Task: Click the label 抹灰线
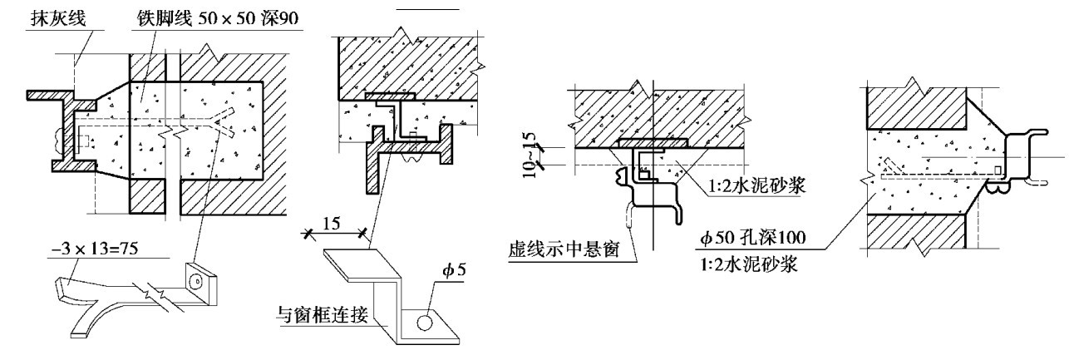point(58,18)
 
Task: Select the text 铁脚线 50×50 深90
point(218,18)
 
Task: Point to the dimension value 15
point(331,223)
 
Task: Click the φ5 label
point(454,271)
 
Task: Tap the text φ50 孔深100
point(752,237)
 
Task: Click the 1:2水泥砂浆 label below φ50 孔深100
point(748,264)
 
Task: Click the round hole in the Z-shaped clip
point(424,323)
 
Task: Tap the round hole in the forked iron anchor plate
point(196,282)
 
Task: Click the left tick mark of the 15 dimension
point(308,234)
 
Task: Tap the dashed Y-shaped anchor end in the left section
point(222,123)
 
